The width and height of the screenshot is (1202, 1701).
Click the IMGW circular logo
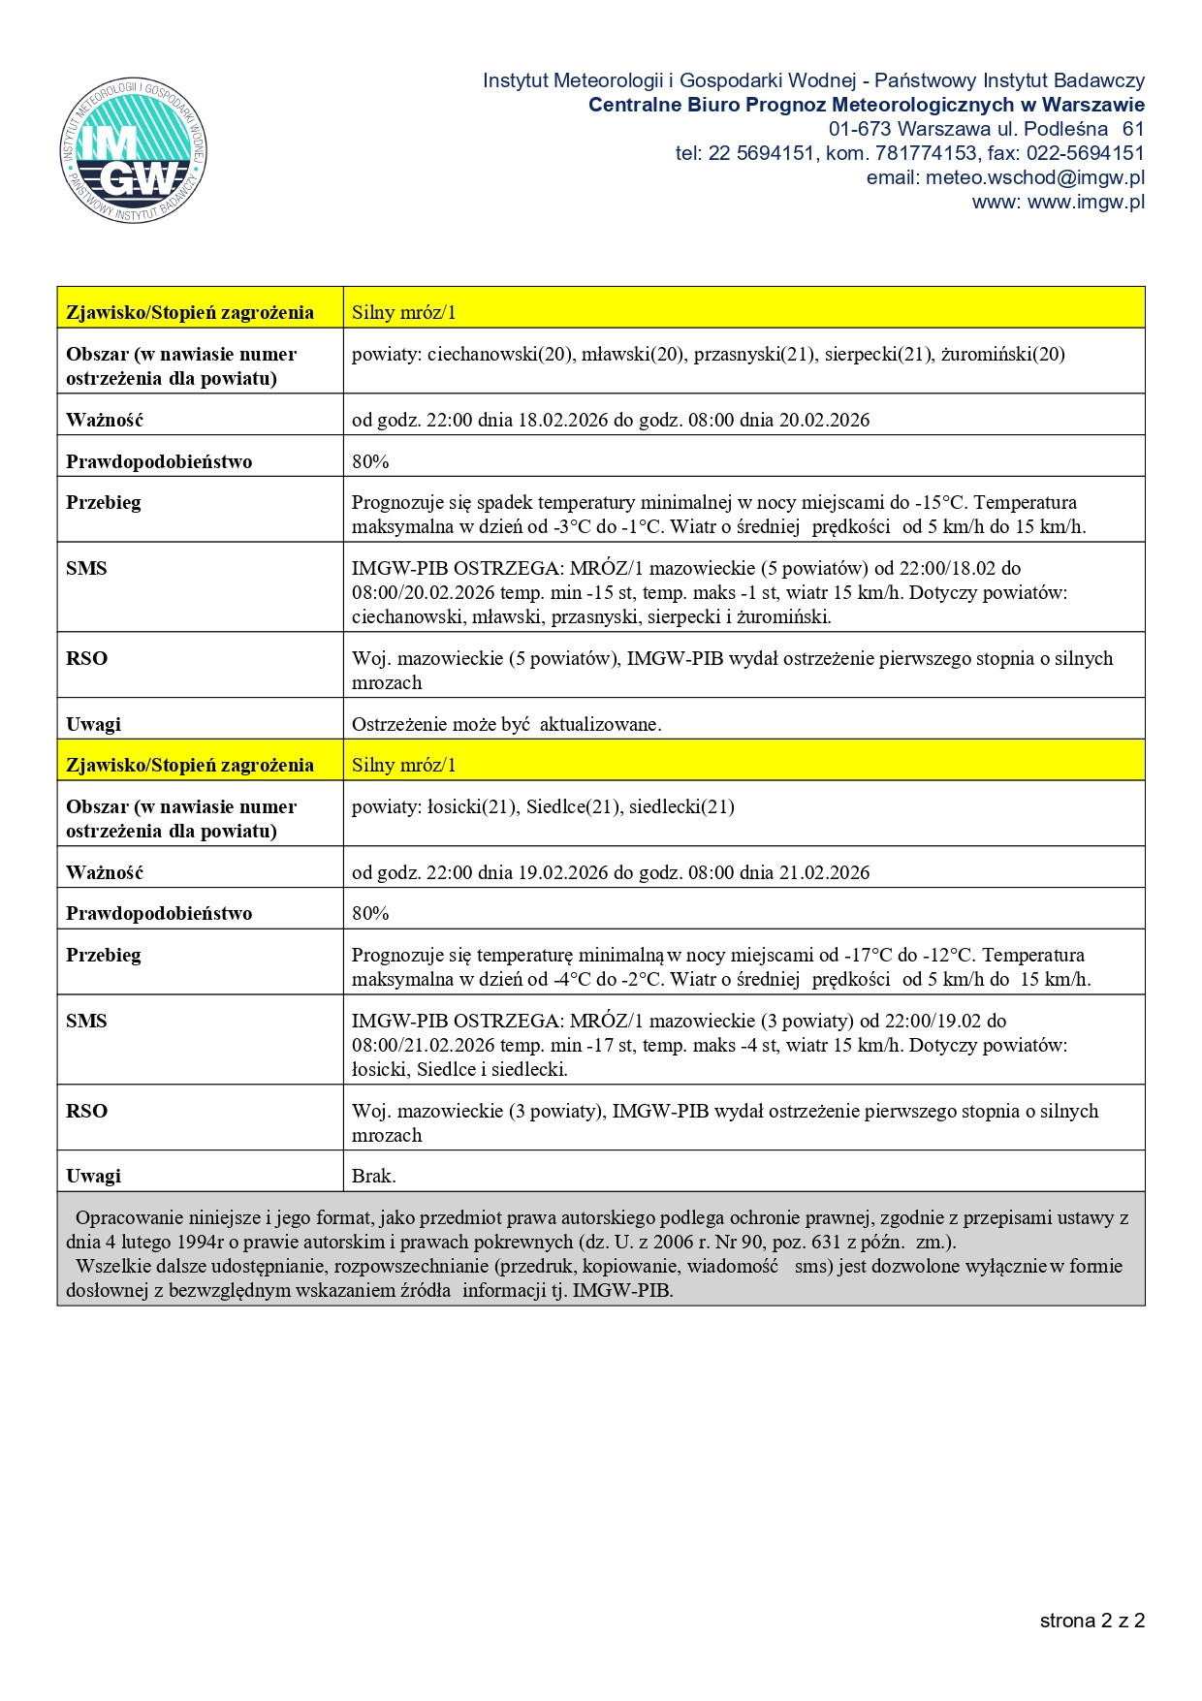(x=134, y=150)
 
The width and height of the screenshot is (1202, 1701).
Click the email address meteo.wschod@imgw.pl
(x=1034, y=177)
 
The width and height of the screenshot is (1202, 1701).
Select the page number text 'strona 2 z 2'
(x=1092, y=1621)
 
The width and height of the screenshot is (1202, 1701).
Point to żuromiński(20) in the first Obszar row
(x=1002, y=354)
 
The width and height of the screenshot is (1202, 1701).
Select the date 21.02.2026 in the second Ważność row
(x=824, y=872)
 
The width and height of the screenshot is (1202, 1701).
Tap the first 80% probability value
(x=370, y=461)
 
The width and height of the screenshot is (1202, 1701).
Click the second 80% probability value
(x=370, y=913)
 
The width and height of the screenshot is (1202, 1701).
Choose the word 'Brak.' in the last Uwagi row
(x=373, y=1176)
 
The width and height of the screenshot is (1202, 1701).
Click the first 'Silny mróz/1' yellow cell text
(x=403, y=312)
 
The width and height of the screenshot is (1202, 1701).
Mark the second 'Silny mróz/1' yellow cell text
(x=403, y=765)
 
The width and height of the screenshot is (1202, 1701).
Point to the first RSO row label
(x=86, y=658)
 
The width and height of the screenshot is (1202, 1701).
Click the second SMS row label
(x=86, y=1021)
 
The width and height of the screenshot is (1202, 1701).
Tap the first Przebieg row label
(x=103, y=502)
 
